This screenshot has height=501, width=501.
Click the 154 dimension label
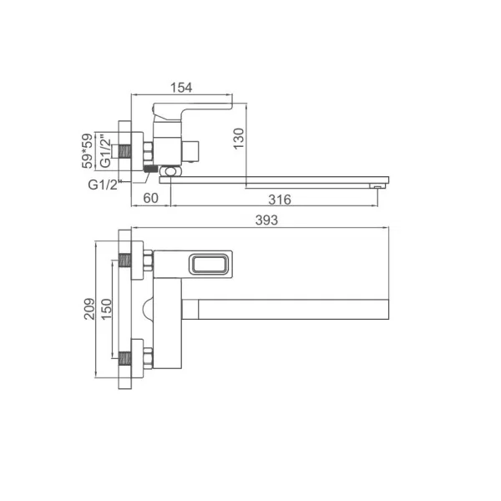[181, 88]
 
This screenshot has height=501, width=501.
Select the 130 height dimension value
[239, 139]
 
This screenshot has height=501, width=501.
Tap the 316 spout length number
[280, 200]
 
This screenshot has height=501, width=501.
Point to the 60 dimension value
[150, 198]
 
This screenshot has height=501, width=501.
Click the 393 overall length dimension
[266, 220]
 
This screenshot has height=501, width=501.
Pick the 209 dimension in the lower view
[89, 309]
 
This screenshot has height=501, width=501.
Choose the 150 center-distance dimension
[106, 309]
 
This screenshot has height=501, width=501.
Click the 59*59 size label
[87, 151]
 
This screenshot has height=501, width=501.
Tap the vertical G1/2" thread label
[105, 153]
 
